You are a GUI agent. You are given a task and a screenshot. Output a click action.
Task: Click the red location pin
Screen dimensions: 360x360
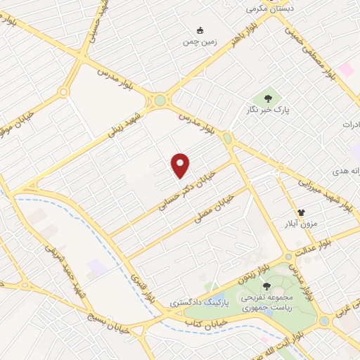coord(181,165)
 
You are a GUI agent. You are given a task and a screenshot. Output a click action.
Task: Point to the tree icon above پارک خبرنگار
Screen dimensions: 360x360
coord(268,97)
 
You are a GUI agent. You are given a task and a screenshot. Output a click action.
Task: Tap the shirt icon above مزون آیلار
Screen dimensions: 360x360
coord(302,211)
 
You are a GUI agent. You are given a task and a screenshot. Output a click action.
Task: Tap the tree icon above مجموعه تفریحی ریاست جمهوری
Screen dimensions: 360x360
coord(266,285)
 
